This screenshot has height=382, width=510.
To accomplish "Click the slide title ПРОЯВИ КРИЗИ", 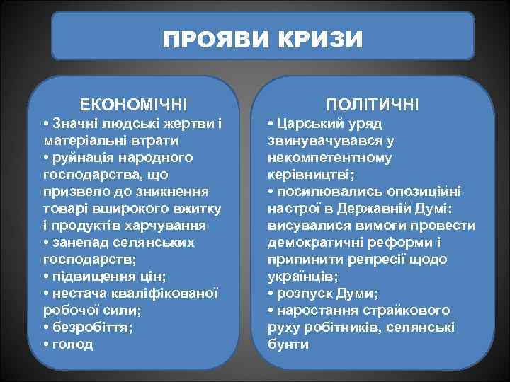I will (262, 38).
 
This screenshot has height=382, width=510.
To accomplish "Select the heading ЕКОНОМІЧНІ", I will (134, 105).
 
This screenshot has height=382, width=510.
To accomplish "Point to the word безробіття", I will (92, 328).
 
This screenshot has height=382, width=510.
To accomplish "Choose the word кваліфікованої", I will (164, 294).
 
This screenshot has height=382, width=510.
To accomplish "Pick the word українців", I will (302, 277).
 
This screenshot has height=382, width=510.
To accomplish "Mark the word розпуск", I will (302, 294).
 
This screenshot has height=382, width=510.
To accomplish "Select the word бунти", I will (288, 345).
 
